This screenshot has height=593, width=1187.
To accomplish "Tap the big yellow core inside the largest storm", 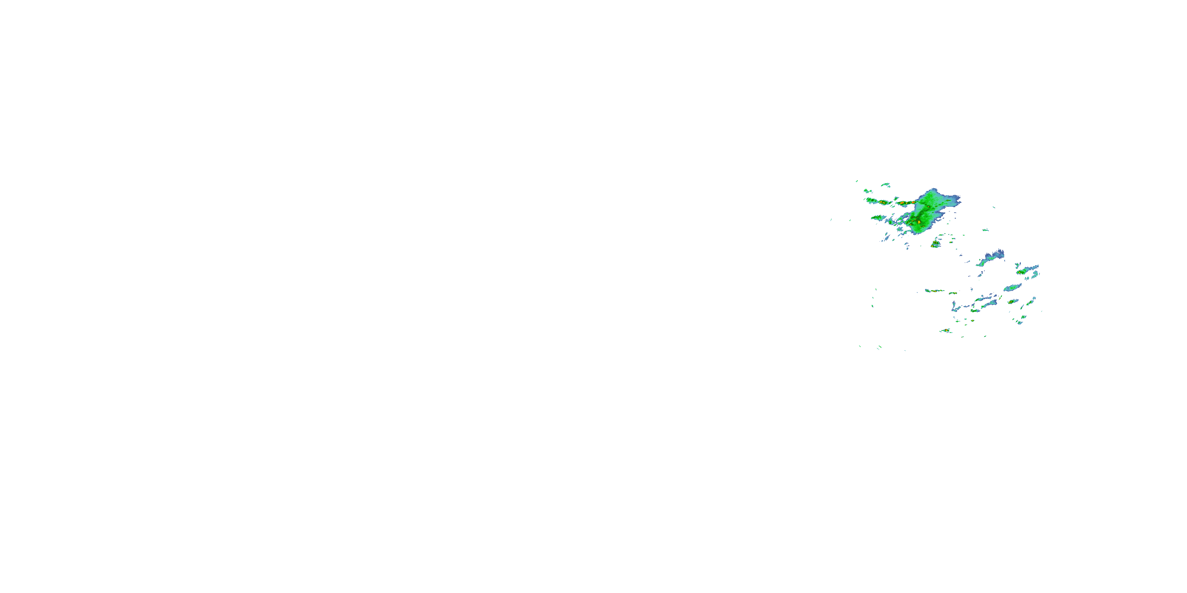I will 919,222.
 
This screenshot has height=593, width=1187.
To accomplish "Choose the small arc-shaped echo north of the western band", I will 885,185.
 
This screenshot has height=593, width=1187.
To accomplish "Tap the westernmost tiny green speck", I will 831,220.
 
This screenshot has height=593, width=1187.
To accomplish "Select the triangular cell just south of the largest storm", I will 935,244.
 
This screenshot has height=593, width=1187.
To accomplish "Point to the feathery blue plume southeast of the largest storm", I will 991,258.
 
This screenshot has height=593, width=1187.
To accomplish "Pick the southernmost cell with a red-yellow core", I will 946,330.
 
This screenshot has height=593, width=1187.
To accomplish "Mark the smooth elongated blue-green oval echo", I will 1013,288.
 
